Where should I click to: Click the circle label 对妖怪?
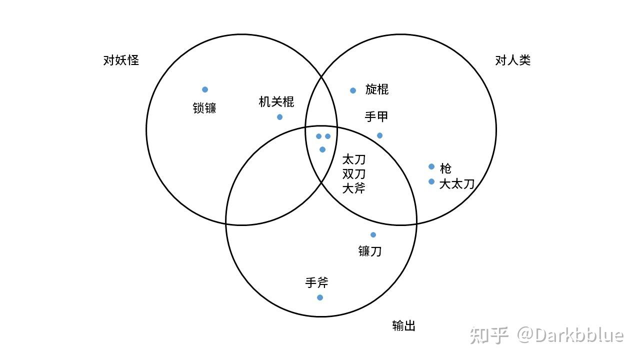coord(121,60)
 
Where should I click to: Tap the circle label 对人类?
coord(512,60)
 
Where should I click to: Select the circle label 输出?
coord(404,326)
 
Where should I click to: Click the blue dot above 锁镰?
coord(205,89)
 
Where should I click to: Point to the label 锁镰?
coord(204,108)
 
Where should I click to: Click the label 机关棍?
coord(276,102)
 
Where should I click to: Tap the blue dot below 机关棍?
coord(279,117)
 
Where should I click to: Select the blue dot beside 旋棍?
coord(353,90)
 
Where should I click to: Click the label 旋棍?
coord(377,89)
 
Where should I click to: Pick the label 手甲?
coord(376,117)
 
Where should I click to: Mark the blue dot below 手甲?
coord(379,135)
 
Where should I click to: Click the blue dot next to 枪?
coord(431,166)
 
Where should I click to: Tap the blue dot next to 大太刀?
coord(431,181)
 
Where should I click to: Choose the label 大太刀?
coord(456,184)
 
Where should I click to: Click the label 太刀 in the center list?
coord(354,160)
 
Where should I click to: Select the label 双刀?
coord(354,174)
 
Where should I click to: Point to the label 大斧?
coord(354,188)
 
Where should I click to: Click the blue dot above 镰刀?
coord(373,235)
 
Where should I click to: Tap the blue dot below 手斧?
coord(320,297)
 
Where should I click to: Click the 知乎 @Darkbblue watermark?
coord(546,335)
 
